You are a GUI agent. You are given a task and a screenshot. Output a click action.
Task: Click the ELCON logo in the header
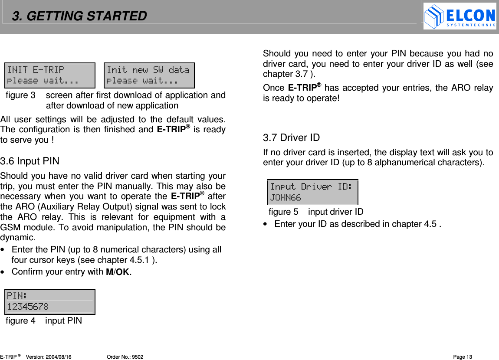460,16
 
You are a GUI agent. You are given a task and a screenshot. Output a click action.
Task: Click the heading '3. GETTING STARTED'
79,16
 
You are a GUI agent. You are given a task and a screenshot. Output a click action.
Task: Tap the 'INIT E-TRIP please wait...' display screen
50,75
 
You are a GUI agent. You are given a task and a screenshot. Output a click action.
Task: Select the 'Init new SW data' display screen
149,75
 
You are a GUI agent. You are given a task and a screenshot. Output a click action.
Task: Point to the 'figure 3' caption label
20,95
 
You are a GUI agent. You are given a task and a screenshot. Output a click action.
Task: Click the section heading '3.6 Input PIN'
30,161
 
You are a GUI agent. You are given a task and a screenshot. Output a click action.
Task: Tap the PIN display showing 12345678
50,301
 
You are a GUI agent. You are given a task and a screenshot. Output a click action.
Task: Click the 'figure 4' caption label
20,321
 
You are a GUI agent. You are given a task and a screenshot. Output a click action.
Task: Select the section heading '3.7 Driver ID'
291,138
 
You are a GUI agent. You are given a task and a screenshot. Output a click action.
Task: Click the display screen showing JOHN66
312,192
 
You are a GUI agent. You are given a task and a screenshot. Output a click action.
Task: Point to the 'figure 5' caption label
283,212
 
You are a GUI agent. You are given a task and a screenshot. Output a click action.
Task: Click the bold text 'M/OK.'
119,272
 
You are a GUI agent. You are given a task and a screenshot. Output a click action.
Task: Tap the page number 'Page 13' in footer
463,357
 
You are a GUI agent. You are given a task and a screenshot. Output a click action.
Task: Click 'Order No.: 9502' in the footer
125,357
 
